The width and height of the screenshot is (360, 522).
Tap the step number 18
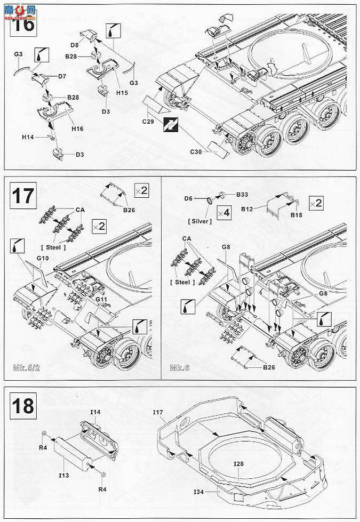click(22, 407)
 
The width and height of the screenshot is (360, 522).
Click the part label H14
click(28, 137)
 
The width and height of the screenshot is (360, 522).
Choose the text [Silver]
click(199, 221)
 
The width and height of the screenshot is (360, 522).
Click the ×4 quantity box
click(226, 213)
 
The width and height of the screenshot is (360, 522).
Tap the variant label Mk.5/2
click(25, 368)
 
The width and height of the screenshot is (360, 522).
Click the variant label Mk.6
click(177, 368)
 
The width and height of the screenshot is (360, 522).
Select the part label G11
click(103, 300)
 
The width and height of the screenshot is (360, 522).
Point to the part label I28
click(239, 463)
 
